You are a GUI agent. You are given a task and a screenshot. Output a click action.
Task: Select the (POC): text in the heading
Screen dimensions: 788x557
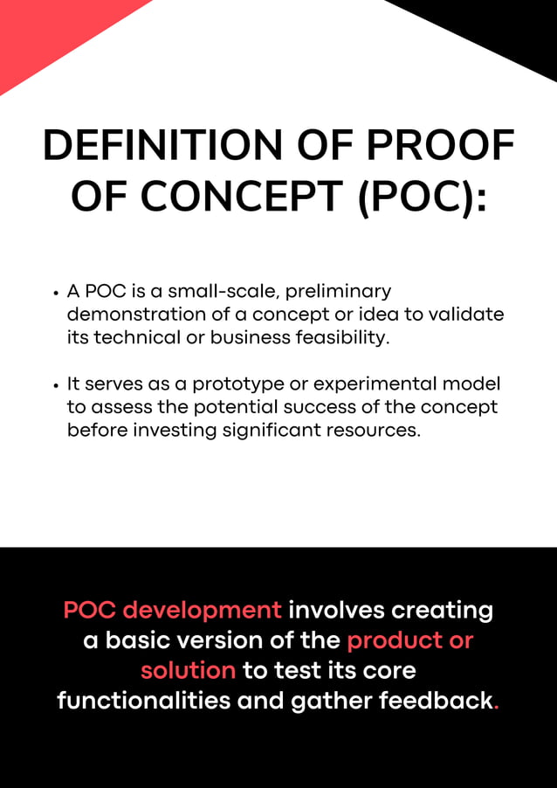click(422, 197)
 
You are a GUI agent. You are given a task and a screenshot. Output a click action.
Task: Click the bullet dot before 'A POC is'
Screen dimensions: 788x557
click(56, 292)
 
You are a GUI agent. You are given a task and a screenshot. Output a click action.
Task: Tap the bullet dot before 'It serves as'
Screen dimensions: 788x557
click(56, 385)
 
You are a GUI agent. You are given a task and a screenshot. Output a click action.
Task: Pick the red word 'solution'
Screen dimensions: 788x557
click(188, 671)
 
